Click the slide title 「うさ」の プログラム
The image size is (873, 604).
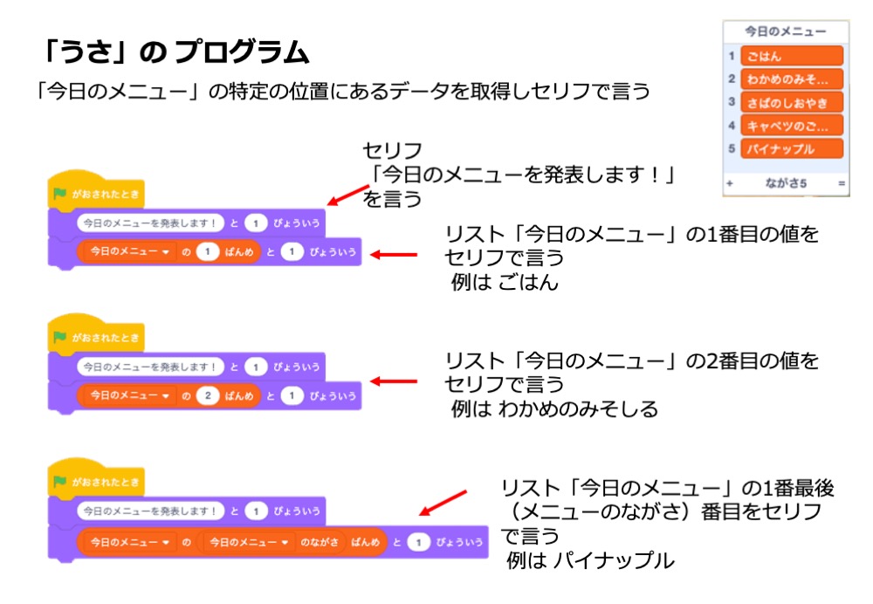(x=175, y=55)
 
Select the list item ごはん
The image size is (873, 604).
(x=792, y=57)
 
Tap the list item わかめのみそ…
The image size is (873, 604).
(x=792, y=79)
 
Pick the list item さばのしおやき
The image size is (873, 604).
(x=792, y=103)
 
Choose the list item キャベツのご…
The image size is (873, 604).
(x=792, y=126)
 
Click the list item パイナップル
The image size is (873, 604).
(x=792, y=149)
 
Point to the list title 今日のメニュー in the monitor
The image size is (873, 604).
(x=785, y=31)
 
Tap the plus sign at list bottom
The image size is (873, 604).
(x=730, y=184)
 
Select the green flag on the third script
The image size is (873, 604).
(x=60, y=481)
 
